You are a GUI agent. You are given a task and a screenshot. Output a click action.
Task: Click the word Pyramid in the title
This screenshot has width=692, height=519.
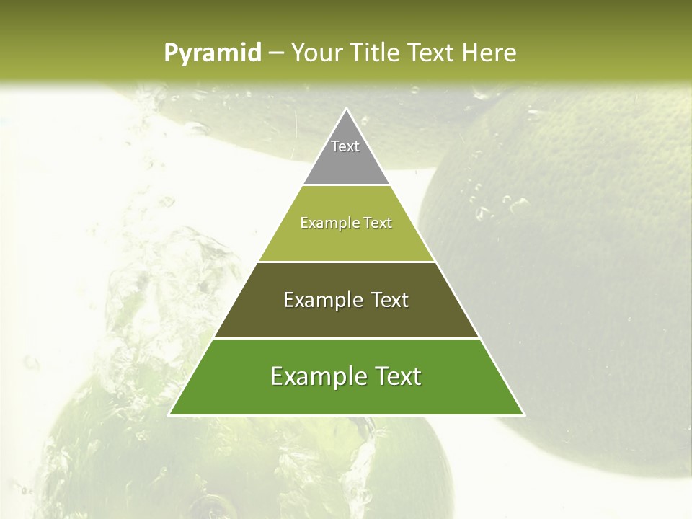coord(212,53)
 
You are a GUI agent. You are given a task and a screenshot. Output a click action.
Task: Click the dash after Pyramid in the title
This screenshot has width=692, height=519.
coord(276,53)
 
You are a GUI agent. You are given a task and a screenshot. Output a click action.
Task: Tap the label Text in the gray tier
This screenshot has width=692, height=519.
coord(345,146)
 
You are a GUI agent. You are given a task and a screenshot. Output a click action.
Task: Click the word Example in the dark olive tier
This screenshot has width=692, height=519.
coord(321,300)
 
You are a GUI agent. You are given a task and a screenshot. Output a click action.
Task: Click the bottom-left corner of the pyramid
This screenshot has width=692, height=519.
coord(170,414)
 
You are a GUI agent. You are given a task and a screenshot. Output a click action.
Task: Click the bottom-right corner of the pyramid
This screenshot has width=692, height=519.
coord(523,414)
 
